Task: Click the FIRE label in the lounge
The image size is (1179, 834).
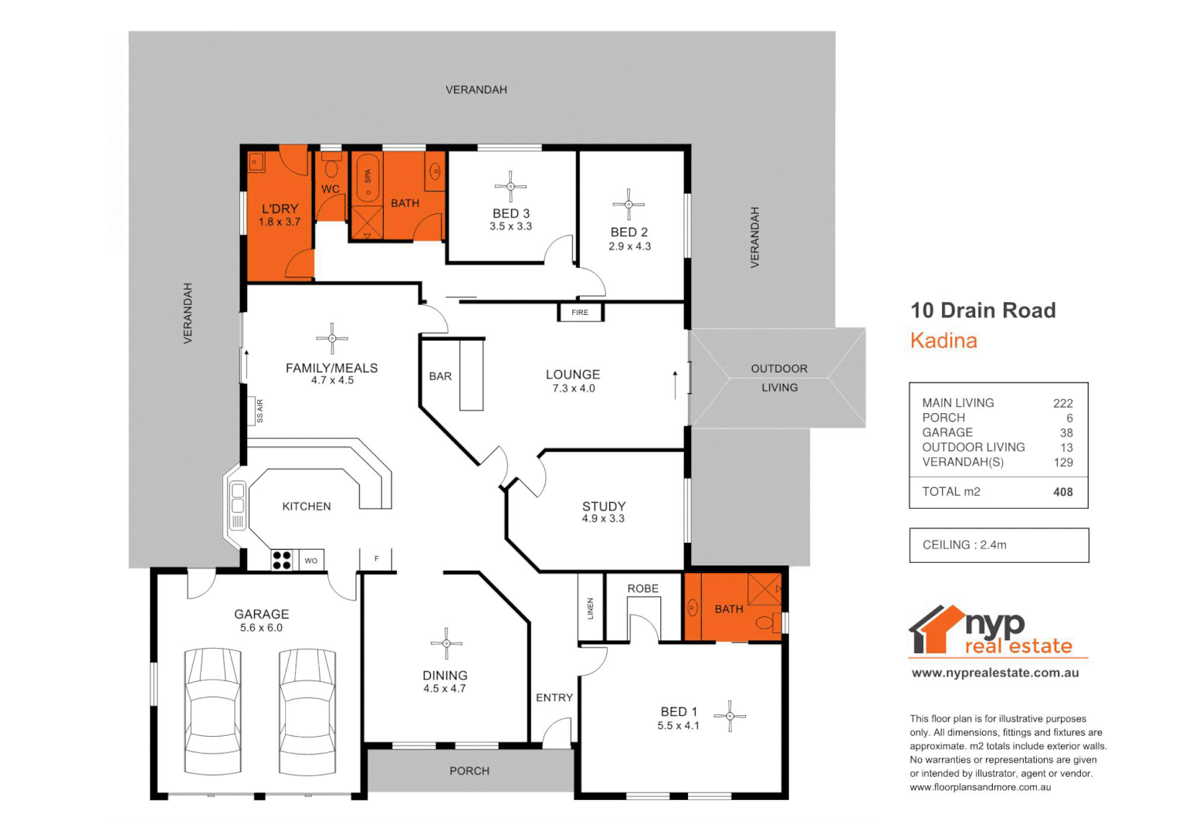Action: pyautogui.click(x=580, y=313)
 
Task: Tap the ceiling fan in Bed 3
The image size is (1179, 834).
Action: pyautogui.click(x=510, y=186)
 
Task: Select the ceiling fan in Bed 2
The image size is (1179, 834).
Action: pyautogui.click(x=628, y=205)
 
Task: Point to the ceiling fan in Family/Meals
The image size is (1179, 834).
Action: pyautogui.click(x=332, y=338)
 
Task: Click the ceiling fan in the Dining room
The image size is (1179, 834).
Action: pyautogui.click(x=446, y=643)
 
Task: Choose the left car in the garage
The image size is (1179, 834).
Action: pyautogui.click(x=213, y=711)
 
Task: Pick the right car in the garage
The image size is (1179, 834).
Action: pyautogui.click(x=307, y=711)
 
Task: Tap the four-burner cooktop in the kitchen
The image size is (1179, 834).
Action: pyautogui.click(x=282, y=560)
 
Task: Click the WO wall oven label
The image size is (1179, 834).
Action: pyautogui.click(x=311, y=561)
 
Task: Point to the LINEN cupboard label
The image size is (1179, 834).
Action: pyautogui.click(x=591, y=609)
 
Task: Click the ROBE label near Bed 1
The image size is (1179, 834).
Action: pyautogui.click(x=642, y=588)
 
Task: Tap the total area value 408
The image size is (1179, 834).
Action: pyautogui.click(x=1062, y=492)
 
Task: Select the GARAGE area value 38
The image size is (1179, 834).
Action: pyautogui.click(x=1066, y=432)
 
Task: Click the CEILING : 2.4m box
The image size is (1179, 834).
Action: pyautogui.click(x=998, y=545)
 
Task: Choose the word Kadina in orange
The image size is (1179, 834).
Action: pyautogui.click(x=944, y=341)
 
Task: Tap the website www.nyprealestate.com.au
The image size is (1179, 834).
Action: pyautogui.click(x=995, y=673)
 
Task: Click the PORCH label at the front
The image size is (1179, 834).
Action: pyautogui.click(x=469, y=771)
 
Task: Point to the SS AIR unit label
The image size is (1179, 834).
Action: pyautogui.click(x=259, y=411)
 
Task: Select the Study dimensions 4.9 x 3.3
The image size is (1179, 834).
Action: pyautogui.click(x=603, y=519)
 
